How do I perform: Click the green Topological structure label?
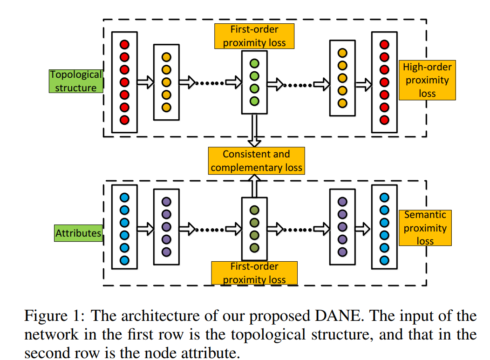76,81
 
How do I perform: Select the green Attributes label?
78,233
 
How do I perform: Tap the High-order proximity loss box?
427,80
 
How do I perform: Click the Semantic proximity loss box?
425,228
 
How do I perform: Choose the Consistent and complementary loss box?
256,161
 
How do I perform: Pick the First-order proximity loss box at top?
254,36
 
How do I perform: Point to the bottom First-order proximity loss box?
254,273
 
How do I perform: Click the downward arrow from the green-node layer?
254,130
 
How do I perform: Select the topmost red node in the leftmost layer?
124,45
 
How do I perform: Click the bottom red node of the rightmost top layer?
384,120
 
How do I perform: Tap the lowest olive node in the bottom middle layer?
254,247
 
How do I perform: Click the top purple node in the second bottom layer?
166,202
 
